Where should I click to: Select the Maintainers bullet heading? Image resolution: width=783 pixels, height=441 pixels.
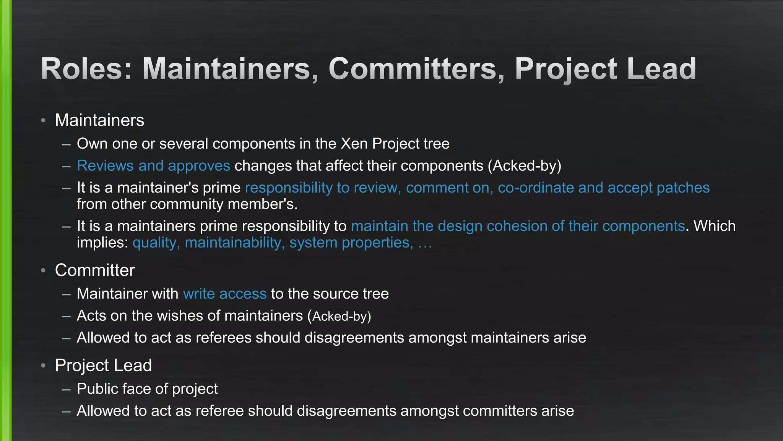[x=99, y=120]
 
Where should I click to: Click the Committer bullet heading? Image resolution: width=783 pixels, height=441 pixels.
[x=95, y=270]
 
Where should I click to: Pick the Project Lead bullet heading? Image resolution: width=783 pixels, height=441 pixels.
[x=103, y=365]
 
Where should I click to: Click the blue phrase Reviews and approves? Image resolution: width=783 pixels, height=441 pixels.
[x=153, y=166]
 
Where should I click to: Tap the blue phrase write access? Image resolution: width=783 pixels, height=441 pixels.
[x=225, y=294]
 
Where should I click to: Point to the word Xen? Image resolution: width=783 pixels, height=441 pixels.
[x=354, y=144]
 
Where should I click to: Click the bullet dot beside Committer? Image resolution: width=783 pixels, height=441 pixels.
[x=43, y=271]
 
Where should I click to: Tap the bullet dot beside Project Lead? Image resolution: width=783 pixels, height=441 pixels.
[x=43, y=366]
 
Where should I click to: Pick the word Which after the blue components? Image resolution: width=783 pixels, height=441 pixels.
[x=715, y=226]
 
